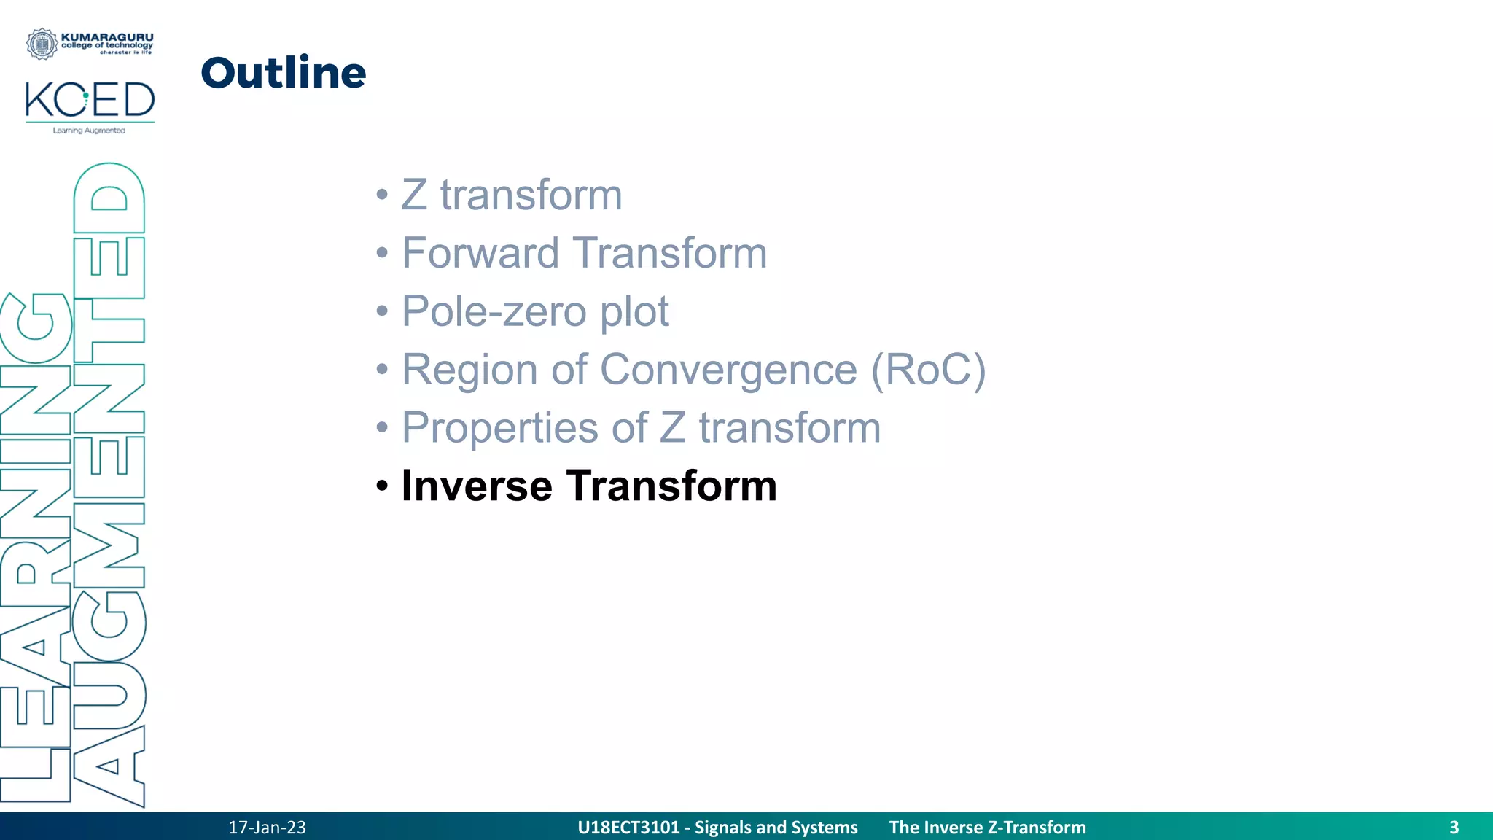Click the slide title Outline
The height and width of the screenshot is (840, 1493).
click(x=283, y=73)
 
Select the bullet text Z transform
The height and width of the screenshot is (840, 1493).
click(x=512, y=195)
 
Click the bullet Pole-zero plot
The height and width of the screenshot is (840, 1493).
click(x=534, y=311)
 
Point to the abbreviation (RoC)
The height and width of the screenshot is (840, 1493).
click(x=928, y=370)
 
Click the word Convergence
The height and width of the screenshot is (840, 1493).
click(x=728, y=370)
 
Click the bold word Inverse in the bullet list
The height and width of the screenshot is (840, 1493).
click(x=477, y=486)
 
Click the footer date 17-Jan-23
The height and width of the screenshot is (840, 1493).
click(x=267, y=828)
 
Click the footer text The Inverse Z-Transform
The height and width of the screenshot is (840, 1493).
click(x=987, y=828)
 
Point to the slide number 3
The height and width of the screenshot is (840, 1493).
click(x=1454, y=828)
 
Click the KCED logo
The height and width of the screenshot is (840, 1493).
click(x=90, y=100)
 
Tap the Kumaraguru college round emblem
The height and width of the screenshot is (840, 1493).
click(x=42, y=44)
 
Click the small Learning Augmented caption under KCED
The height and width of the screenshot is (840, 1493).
click(x=89, y=131)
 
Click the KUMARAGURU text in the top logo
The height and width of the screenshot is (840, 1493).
click(x=107, y=37)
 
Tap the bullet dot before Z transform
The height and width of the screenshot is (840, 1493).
click(x=382, y=195)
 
